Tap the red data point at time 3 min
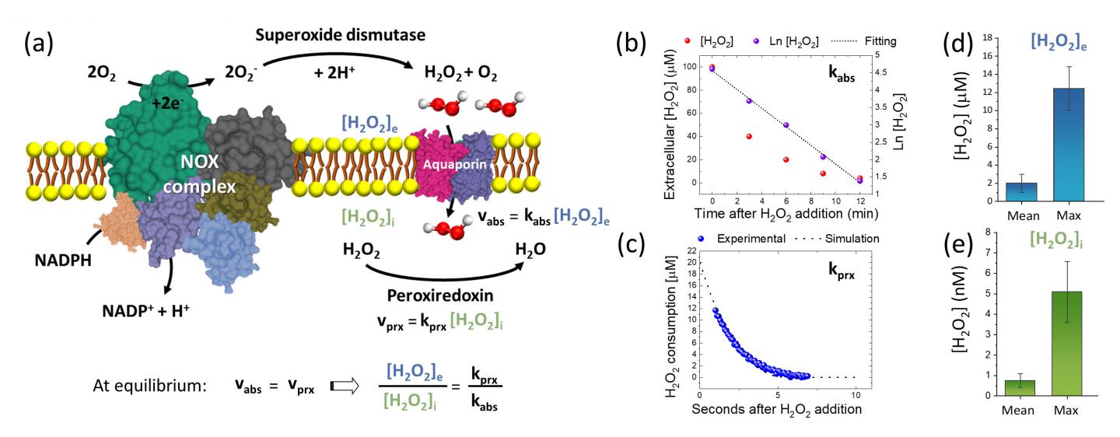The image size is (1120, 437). coord(726,136)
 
